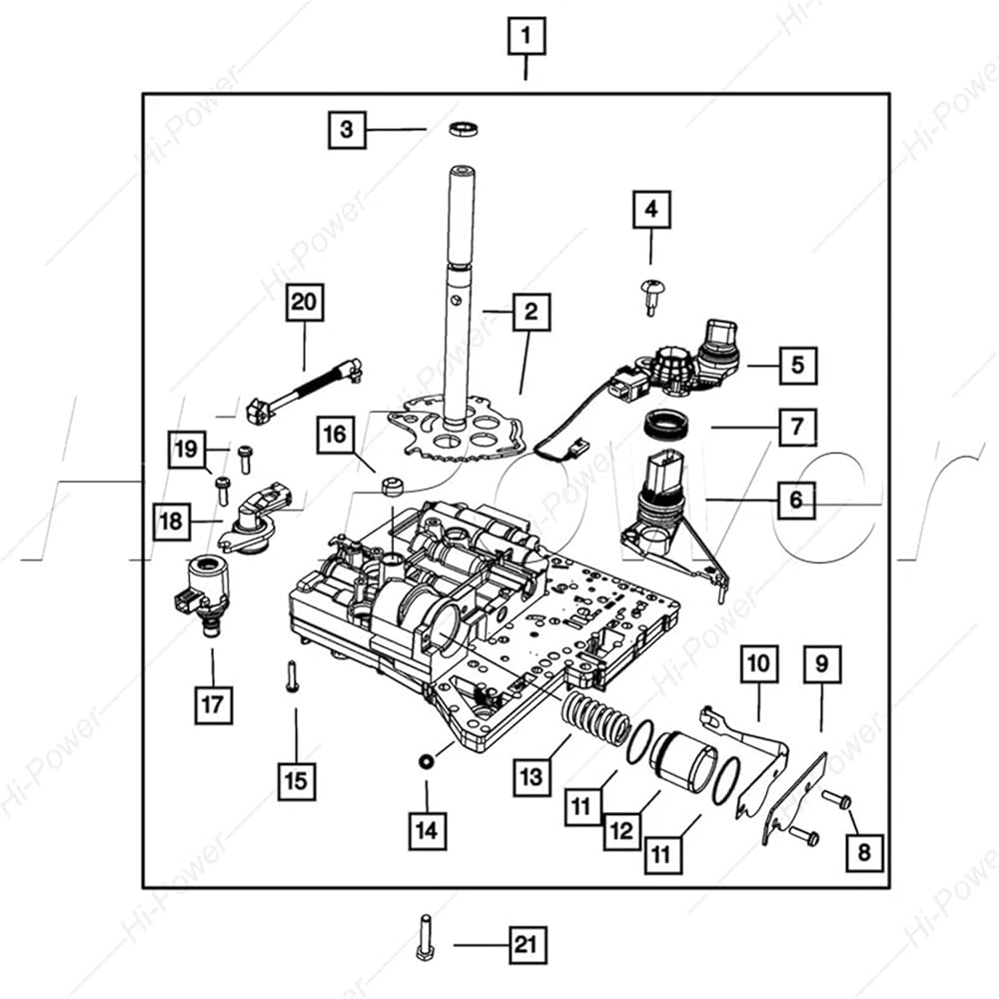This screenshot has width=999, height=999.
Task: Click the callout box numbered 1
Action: (525, 36)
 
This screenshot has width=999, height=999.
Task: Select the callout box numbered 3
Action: (348, 130)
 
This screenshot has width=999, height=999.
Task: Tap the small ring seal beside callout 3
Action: (464, 128)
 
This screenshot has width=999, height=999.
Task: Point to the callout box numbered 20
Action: (304, 302)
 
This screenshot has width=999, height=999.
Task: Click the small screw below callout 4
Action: (650, 297)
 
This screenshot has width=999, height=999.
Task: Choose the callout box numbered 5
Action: (798, 365)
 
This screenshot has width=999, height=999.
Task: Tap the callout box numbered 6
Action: (796, 499)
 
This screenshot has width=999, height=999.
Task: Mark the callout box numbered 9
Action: (822, 664)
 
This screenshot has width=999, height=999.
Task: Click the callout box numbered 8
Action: (864, 852)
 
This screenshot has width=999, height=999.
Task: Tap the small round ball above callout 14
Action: (426, 760)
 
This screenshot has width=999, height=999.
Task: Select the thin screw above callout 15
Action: (292, 677)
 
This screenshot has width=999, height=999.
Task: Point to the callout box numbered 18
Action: (172, 521)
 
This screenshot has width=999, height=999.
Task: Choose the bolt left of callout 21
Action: (426, 937)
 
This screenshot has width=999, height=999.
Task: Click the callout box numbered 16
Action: (335, 435)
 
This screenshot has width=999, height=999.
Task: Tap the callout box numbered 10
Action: (759, 664)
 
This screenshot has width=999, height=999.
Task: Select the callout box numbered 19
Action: (187, 450)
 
